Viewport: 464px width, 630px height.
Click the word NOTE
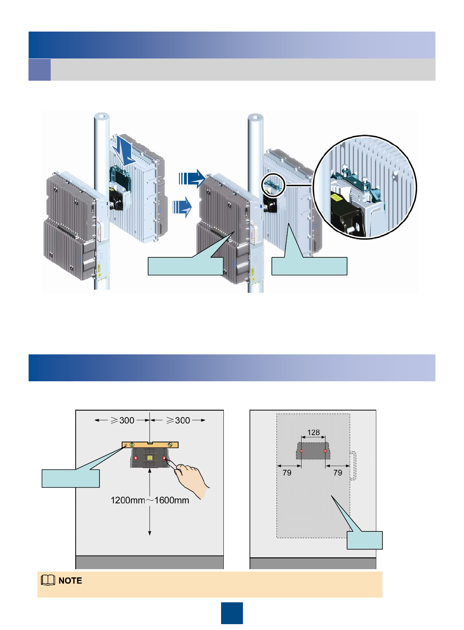pos(70,580)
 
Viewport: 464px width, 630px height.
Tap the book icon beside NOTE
pos(48,580)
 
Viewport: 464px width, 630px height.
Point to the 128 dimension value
pos(313,432)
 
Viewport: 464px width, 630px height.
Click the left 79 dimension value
pos(287,472)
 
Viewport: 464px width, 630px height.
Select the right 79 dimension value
pos(338,472)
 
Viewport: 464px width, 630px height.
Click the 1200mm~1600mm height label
pos(150,500)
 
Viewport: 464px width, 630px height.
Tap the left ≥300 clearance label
pos(122,420)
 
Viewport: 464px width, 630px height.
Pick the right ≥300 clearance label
pos(178,420)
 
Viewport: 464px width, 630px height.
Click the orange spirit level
pos(150,445)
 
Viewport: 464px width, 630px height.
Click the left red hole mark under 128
pos(301,451)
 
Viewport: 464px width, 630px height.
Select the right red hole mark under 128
pos(325,451)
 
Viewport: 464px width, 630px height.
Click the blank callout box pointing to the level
pos(71,478)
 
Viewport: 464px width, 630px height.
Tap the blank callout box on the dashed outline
pos(365,540)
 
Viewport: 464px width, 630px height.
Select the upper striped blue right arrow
pos(191,179)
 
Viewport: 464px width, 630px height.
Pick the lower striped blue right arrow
pos(182,206)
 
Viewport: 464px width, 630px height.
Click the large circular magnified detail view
pos(365,187)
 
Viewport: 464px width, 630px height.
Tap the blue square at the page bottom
pos(232,613)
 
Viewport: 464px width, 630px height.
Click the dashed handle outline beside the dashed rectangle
pos(353,465)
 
